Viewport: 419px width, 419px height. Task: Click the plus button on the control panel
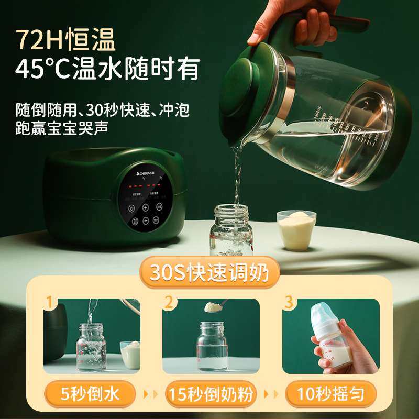coord(146,207)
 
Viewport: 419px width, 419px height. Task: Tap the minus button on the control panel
coord(146,221)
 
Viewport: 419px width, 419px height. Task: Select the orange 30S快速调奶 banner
coord(210,273)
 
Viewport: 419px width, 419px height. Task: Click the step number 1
coord(50,302)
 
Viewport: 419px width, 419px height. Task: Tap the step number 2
coord(169,302)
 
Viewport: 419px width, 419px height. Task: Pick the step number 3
coord(289,302)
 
